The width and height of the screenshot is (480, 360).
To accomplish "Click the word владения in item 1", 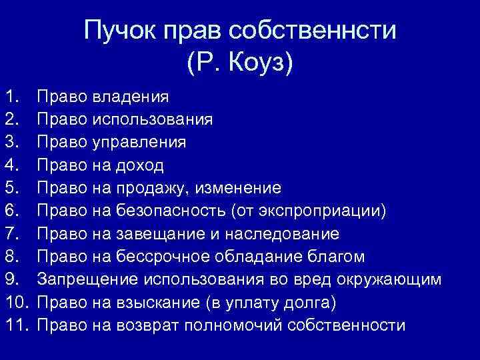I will pyautogui.click(x=130, y=97).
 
